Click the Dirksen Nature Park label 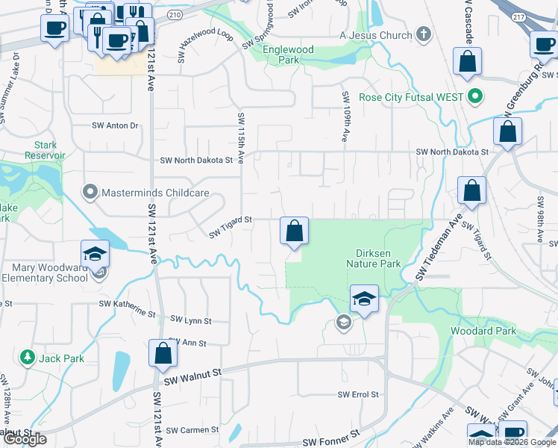374,258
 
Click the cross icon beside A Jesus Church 423,34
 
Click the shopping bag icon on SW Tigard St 294,231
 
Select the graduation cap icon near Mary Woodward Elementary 95,254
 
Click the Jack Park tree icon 28,358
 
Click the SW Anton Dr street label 115,126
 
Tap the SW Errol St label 358,394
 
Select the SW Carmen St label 192,430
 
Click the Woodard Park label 483,331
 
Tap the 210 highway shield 175,14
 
